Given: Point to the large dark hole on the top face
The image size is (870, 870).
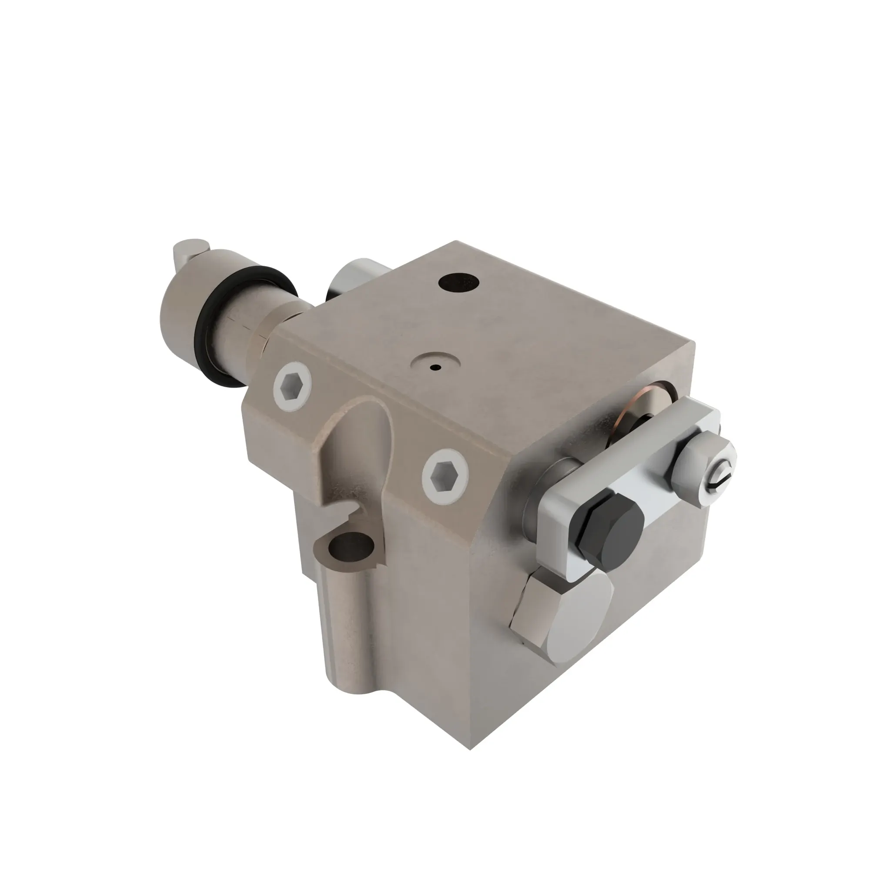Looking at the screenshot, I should pyautogui.click(x=458, y=282).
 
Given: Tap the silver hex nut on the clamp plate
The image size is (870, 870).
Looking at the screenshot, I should pyautogui.click(x=696, y=468).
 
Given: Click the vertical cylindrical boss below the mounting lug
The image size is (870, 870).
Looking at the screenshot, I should pyautogui.click(x=347, y=630).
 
